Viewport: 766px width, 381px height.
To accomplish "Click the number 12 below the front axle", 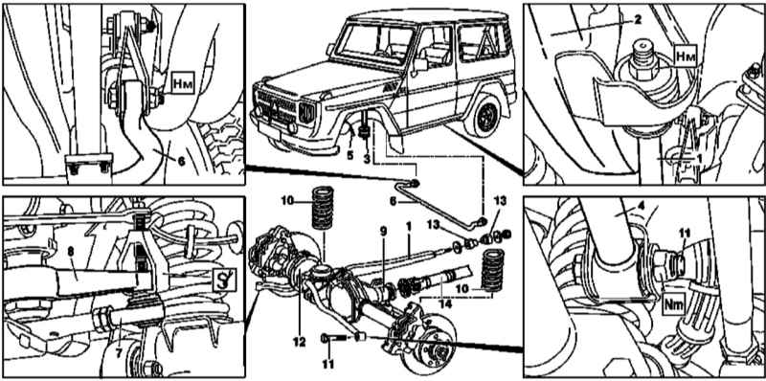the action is [x=299, y=343].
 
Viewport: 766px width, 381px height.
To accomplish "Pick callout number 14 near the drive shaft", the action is [x=446, y=303].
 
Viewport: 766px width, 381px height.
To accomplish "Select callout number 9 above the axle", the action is [x=384, y=232].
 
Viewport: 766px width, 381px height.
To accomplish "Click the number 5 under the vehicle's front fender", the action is [x=349, y=156].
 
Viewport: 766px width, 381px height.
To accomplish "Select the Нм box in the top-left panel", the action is [x=183, y=84].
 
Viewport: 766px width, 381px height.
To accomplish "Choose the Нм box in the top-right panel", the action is [x=686, y=57].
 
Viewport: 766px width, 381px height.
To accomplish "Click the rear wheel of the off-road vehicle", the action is [x=483, y=116].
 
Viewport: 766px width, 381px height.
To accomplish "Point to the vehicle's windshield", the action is [x=374, y=42].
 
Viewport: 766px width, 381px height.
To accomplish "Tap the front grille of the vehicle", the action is [x=277, y=107].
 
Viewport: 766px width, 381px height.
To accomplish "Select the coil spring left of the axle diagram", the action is [x=323, y=208].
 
